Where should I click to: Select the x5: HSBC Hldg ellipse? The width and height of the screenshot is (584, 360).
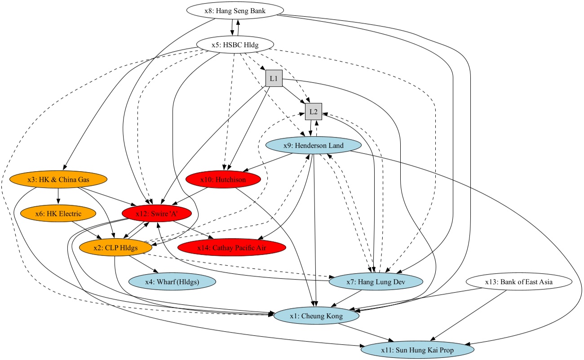[x=235, y=44]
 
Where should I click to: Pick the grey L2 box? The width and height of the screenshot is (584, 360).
[x=313, y=111]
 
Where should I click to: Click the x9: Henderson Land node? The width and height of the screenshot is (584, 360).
[x=314, y=146]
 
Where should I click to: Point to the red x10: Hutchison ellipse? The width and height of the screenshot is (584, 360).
[x=223, y=179]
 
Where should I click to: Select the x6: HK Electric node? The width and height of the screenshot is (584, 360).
[x=58, y=213]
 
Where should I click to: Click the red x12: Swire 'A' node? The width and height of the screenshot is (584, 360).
[x=157, y=213]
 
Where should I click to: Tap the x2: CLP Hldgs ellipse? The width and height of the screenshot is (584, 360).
[x=115, y=247]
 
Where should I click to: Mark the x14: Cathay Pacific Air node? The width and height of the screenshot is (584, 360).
[x=232, y=247]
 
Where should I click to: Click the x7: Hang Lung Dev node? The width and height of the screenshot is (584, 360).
[x=376, y=282]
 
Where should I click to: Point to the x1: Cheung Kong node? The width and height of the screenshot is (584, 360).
[x=316, y=316]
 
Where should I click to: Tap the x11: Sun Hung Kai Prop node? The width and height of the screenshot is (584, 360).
[x=417, y=349]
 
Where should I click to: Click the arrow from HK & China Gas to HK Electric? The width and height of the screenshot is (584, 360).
[x=58, y=196]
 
